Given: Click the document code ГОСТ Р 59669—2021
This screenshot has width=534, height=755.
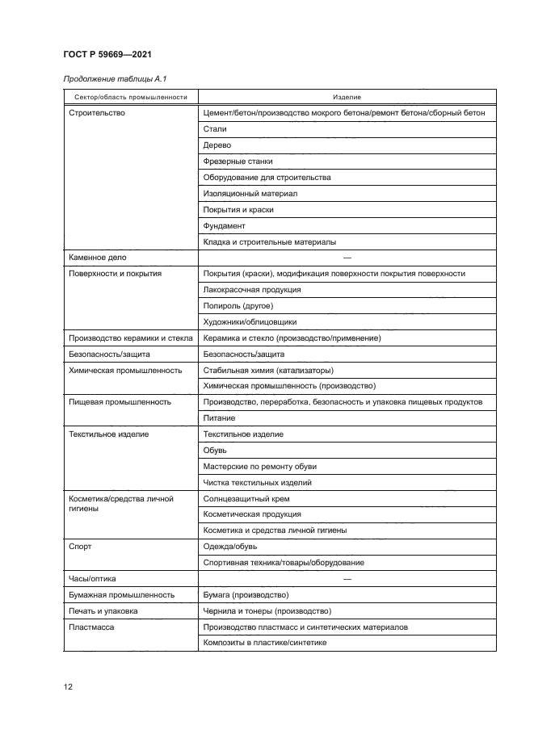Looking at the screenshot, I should [x=107, y=54].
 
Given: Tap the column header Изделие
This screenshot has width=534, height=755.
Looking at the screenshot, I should [x=347, y=97].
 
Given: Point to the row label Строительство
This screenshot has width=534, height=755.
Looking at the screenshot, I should [x=98, y=113].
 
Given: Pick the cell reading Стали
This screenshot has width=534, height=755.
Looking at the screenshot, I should [x=215, y=129].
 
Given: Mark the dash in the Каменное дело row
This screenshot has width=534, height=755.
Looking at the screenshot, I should [x=347, y=258].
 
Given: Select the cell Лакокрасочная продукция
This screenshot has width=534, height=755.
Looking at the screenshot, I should [x=252, y=290].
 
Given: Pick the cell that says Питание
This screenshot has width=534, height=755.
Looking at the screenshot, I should [x=220, y=418].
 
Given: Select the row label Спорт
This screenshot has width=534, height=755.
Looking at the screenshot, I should [x=81, y=547].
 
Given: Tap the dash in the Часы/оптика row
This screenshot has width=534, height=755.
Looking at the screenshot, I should [x=347, y=579].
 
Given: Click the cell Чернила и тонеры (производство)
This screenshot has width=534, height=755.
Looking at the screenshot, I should [x=267, y=611].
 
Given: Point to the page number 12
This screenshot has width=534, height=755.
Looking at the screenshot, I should [x=69, y=687].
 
